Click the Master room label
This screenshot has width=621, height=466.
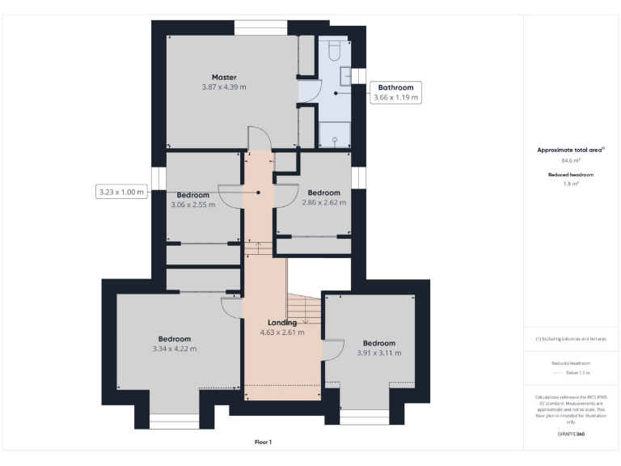[224, 78]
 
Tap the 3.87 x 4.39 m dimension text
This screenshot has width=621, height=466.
[224, 87]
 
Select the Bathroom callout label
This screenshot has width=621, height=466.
[395, 87]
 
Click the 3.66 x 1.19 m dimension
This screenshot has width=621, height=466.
[395, 98]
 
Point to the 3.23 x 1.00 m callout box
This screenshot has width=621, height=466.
[120, 193]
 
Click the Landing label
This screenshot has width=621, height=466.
[282, 323]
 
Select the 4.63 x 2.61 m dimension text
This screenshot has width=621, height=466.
[282, 333]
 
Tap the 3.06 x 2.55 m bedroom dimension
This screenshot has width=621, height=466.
[193, 205]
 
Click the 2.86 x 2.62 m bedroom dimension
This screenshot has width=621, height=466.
[323, 202]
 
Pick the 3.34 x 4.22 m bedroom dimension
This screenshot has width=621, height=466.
[174, 349]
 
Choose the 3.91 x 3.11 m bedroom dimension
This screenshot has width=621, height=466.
[378, 353]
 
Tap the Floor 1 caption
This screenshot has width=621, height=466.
[264, 443]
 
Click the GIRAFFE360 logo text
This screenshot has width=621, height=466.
[571, 434]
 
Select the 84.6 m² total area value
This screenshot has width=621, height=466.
[571, 160]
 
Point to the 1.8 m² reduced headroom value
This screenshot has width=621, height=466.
[571, 184]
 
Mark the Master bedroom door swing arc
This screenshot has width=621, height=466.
[256, 138]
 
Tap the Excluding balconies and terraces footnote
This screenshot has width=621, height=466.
[571, 339]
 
